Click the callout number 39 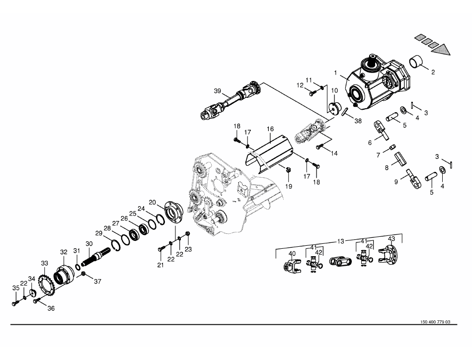(218, 91)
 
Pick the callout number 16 (270, 129)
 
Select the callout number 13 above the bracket (340, 241)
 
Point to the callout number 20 (153, 202)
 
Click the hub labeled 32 (64, 274)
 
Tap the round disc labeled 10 (334, 108)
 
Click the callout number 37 (98, 282)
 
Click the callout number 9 (396, 182)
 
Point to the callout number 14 (334, 154)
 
